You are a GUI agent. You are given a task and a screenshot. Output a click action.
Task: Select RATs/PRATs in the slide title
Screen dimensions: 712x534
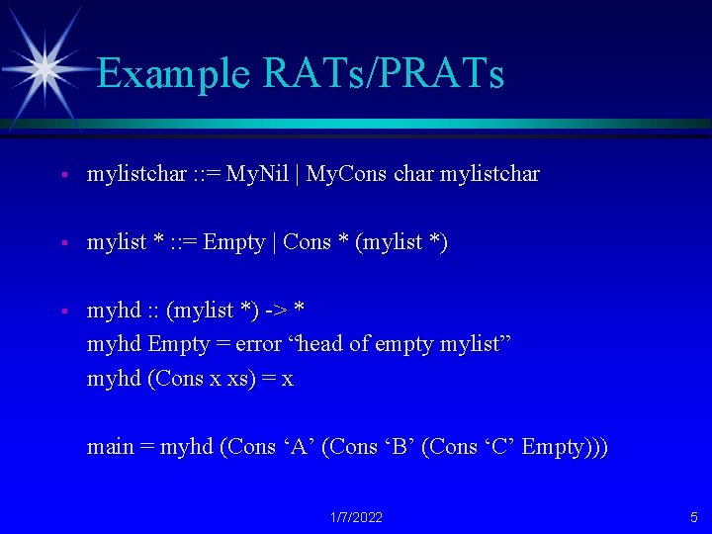click(384, 72)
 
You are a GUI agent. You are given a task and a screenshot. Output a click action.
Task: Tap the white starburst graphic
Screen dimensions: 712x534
click(44, 69)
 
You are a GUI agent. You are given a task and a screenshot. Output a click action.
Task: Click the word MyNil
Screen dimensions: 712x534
click(257, 174)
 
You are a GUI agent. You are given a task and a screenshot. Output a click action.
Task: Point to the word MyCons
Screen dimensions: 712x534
click(346, 174)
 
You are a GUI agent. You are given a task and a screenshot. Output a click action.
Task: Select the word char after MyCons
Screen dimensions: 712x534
click(413, 174)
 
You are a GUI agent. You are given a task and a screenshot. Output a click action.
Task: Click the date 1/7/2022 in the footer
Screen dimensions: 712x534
click(356, 517)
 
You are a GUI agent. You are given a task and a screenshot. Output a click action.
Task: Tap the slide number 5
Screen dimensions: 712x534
click(693, 517)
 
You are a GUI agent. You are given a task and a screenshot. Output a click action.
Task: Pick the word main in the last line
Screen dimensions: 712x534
click(111, 446)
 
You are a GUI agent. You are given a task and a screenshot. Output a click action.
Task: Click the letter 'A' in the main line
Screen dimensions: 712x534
click(299, 446)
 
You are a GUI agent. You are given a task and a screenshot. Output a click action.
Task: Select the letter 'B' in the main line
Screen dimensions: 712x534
click(399, 446)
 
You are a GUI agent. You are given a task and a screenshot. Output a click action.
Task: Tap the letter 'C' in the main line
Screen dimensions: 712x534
click(499, 446)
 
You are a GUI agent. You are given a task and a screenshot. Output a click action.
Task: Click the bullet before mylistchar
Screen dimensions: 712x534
click(64, 174)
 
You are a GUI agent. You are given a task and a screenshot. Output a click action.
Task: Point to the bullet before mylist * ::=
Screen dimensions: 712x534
click(64, 243)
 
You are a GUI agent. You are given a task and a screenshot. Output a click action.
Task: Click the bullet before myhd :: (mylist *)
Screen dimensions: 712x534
click(64, 311)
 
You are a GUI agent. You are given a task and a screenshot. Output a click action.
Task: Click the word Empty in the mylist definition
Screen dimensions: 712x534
click(233, 243)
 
